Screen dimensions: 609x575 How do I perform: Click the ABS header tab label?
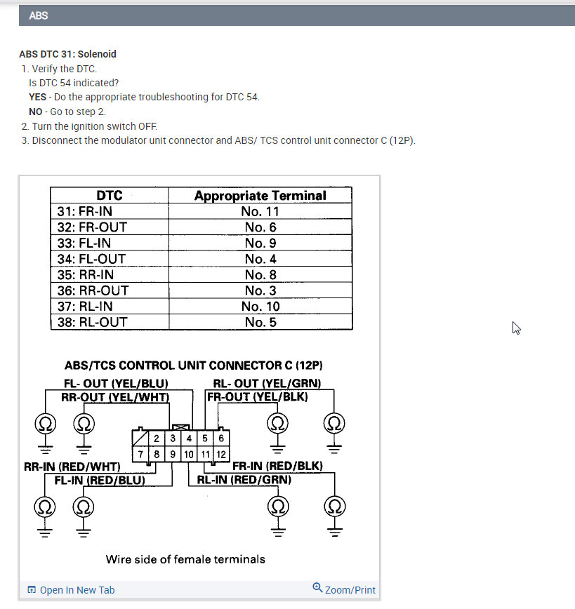[39, 15]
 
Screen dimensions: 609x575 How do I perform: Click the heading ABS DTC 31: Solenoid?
[67, 54]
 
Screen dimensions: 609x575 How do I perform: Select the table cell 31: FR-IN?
[84, 211]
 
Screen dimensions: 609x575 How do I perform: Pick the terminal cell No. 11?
[260, 211]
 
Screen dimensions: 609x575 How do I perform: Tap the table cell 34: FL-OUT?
[90, 259]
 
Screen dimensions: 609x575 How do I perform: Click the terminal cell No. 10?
[260, 307]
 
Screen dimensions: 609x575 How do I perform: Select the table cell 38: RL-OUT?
[91, 322]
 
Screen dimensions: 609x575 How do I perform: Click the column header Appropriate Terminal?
[260, 196]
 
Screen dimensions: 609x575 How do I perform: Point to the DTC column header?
[109, 196]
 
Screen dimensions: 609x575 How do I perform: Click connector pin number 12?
[221, 455]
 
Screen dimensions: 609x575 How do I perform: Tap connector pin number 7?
[141, 455]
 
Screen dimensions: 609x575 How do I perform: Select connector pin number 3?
[173, 439]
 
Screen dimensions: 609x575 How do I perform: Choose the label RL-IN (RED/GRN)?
[244, 480]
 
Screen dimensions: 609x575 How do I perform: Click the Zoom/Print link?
[344, 589]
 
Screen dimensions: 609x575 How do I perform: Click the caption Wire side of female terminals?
[185, 559]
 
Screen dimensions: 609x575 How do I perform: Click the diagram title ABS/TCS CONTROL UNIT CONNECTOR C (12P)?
[194, 366]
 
